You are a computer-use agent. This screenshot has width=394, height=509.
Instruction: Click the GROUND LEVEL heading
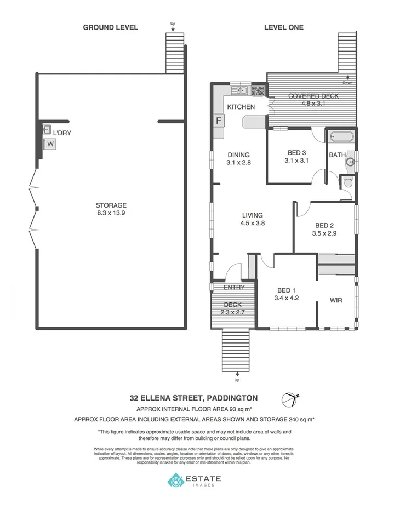(x=110, y=27)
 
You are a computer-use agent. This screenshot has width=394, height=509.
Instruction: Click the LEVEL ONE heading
(x=283, y=27)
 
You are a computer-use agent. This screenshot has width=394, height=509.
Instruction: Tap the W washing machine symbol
(x=50, y=144)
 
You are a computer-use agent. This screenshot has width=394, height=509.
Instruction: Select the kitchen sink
(x=242, y=90)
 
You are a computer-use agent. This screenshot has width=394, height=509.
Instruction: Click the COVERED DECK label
(x=313, y=96)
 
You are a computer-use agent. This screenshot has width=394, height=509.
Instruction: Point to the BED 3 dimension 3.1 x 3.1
(x=298, y=161)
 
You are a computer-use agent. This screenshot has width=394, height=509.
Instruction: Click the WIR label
(x=336, y=300)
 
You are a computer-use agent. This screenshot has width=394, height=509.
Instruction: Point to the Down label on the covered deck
(x=347, y=83)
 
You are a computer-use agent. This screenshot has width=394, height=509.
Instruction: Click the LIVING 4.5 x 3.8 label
(x=252, y=219)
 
